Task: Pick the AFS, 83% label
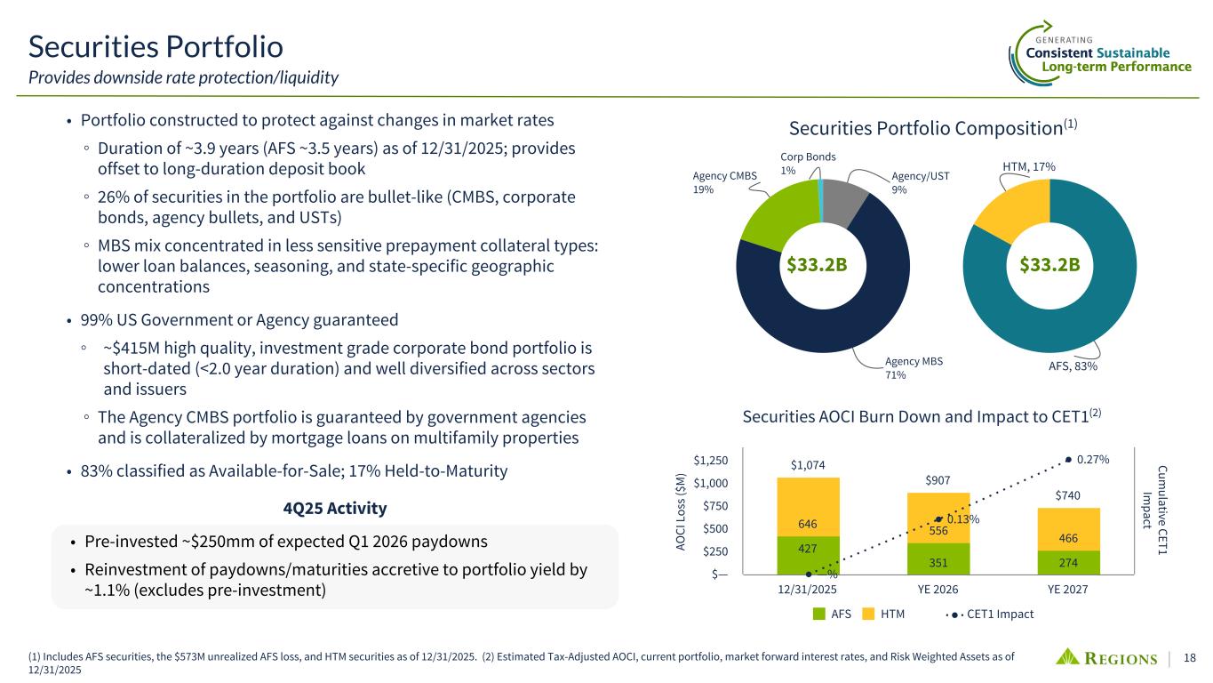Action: (1072, 366)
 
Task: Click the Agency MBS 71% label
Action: (914, 368)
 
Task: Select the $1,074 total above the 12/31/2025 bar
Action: (807, 463)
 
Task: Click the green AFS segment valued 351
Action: (939, 561)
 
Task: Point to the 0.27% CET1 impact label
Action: (1093, 459)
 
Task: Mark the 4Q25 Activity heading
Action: (334, 509)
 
